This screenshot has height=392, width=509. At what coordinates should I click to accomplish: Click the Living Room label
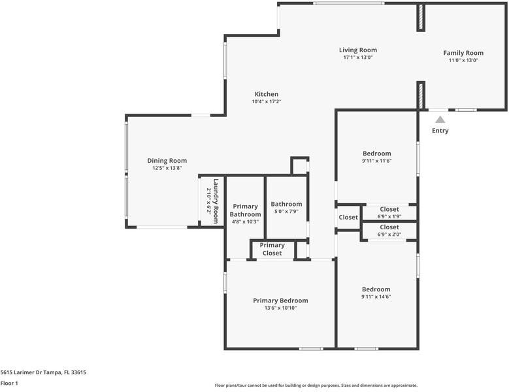pos(358,50)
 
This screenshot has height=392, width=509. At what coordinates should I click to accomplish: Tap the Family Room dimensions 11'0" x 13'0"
pos(463,60)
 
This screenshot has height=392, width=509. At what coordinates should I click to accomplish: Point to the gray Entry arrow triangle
pos(440,120)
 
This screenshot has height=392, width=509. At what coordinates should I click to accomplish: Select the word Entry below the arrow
pos(440,131)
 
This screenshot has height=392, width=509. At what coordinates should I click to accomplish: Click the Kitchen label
pos(267,94)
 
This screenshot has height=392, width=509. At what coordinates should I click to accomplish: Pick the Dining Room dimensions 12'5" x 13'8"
pos(167,168)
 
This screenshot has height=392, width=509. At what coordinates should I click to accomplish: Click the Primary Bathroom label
pos(246,210)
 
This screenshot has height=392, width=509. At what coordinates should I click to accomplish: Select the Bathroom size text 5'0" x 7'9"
pos(286,211)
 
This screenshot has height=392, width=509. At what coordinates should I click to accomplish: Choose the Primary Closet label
pos(272,249)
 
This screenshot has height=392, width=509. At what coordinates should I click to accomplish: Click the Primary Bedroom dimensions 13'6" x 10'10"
pos(280,308)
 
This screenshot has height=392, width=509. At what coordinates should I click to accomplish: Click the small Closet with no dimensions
pos(348,218)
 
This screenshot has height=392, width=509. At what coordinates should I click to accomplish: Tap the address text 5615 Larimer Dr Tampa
pos(31,372)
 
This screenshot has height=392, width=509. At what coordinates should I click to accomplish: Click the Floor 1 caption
pos(9,384)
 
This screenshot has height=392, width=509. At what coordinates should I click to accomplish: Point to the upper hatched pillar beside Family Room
pos(421,17)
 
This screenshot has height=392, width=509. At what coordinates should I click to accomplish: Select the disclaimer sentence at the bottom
pos(316,385)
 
